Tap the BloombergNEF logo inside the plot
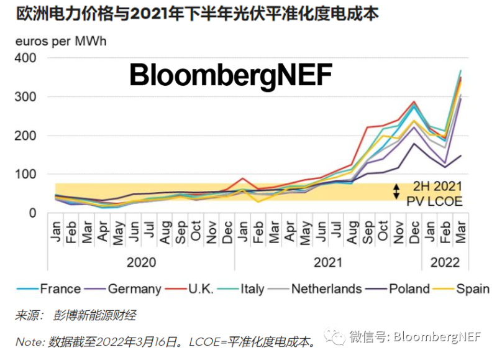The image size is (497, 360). coord(230,76)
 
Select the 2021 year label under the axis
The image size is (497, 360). coord(328,262)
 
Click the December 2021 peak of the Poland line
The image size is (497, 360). coord(414,144)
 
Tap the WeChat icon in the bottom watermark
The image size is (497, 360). coord(337,337)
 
